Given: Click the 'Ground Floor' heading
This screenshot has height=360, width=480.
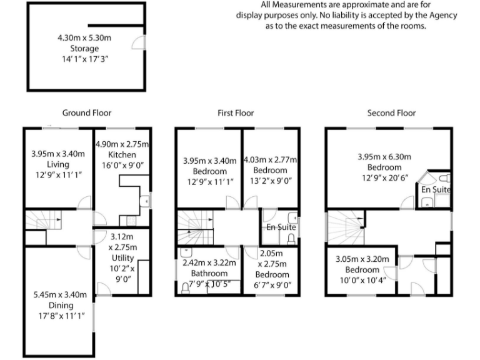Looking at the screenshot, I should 87,113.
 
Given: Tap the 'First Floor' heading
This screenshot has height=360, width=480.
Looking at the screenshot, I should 236,113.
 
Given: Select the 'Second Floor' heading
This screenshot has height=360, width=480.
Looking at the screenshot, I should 391,113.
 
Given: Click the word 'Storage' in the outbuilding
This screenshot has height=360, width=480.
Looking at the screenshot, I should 84,48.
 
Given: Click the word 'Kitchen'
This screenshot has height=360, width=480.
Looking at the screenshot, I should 122,154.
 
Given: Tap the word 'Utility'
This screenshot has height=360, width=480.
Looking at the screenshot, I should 122,257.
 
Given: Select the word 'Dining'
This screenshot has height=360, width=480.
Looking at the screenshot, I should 61,305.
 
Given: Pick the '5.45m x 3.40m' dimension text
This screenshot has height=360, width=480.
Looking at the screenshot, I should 61,294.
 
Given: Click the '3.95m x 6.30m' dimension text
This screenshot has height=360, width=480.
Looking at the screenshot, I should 384,156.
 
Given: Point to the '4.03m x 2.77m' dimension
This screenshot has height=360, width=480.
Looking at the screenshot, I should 270,160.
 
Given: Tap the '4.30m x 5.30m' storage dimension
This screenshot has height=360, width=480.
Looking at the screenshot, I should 84,38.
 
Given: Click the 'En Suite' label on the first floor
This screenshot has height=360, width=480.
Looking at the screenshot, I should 281,227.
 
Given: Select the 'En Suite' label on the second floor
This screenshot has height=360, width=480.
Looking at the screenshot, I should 436,189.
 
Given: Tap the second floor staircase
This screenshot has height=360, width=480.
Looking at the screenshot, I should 346,227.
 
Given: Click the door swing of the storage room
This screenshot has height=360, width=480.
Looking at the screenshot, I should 140,42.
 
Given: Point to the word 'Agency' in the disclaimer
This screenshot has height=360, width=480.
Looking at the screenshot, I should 443,15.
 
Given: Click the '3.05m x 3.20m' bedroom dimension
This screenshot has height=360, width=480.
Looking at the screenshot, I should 362,259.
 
